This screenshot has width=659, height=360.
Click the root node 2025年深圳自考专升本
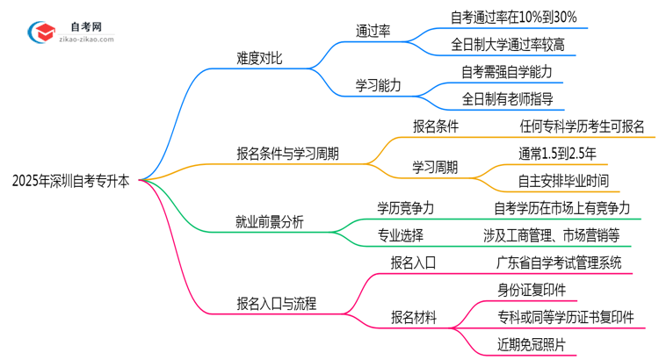coord(71,182)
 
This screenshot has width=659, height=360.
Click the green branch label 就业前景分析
coord(268,222)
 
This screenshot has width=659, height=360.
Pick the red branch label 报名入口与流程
coord(276,305)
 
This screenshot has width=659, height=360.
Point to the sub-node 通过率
coord(373,31)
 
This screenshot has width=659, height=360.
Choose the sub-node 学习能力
coord(378,85)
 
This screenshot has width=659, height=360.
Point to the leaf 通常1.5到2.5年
coord(557,154)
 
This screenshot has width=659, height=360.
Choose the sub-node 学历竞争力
coord(405,208)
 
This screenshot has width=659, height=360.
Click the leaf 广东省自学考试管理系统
coord(558,262)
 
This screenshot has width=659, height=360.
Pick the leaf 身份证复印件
coord(531,289)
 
